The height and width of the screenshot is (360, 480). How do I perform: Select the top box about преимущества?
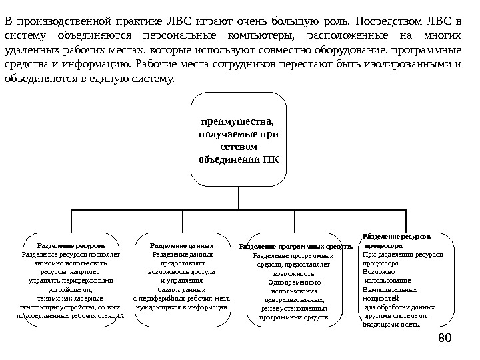point(239,139)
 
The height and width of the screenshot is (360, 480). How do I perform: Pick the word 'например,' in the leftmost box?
point(71,272)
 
